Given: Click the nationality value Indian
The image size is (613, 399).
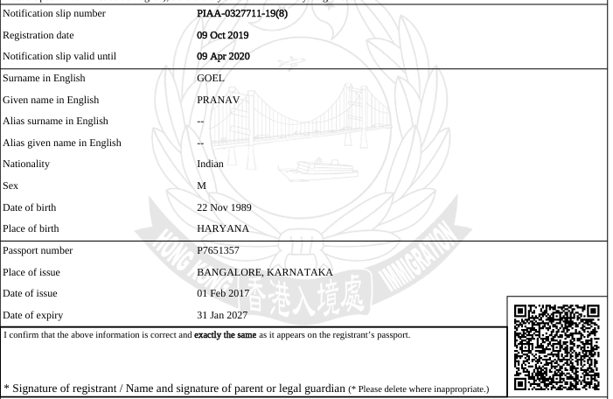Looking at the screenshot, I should pos(214,164).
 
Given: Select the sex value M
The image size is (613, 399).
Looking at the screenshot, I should pos(202,185).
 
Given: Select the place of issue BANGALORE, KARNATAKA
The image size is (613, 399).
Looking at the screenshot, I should pos(266,272).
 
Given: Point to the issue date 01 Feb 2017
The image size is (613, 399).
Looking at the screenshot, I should pos(226,293).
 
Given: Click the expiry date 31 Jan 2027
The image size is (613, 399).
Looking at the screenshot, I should pos(226,315).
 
